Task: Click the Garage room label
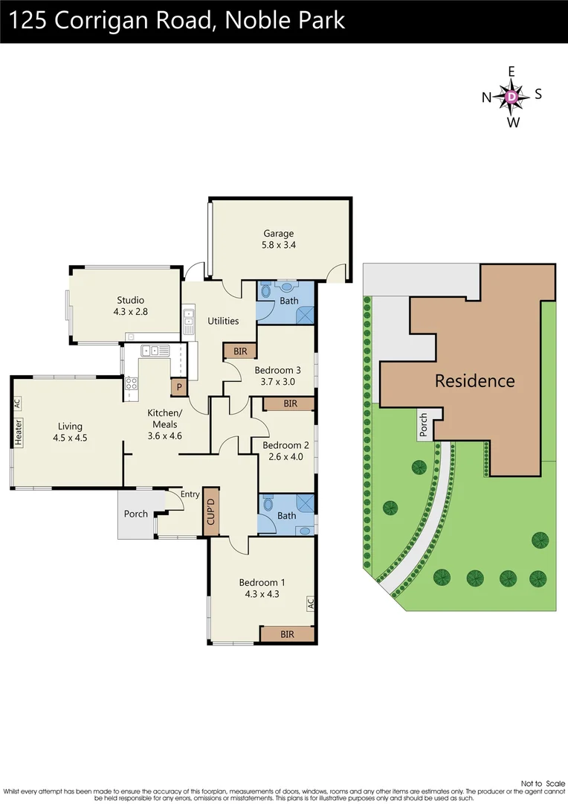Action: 278,233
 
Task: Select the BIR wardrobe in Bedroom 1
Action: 287,634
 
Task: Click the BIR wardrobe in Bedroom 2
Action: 290,403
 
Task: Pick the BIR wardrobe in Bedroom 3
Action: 239,350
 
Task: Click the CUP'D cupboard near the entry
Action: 211,512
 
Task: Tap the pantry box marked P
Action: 179,387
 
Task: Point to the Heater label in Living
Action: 18,433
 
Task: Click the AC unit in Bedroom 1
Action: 310,603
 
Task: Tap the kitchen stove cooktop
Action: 131,384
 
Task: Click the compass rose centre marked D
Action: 511,96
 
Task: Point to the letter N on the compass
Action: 487,97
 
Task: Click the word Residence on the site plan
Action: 474,381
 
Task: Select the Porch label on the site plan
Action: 424,427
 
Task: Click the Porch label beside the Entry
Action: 135,514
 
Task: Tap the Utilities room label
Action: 223,321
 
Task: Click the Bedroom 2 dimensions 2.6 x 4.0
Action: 283,457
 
